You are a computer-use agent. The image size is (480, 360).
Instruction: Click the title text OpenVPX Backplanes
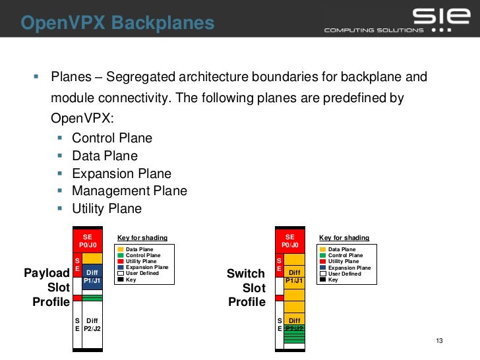pos(117,24)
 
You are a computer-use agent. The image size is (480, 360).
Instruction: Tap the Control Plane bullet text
pos(112,138)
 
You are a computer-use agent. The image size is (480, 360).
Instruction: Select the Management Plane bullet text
pos(129,191)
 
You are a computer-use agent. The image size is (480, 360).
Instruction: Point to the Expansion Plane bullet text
pos(121,173)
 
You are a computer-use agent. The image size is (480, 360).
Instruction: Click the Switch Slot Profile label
pos(246,287)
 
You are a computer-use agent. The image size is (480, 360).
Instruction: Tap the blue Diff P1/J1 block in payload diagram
pos(92,276)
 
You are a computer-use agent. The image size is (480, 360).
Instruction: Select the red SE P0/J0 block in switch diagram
pos(290,240)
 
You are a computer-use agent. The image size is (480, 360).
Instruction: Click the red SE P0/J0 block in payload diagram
pos(88,240)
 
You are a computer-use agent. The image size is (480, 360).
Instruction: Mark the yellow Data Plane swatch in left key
pos(120,250)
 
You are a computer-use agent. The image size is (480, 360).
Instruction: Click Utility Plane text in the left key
pos(141,262)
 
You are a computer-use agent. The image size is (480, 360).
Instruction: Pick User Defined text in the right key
pos(345,274)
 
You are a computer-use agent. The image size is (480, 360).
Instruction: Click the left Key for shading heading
pos(142,238)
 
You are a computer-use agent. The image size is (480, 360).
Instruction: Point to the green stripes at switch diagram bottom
pos(294,336)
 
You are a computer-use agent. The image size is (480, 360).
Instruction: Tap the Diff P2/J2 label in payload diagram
pos(92,324)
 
